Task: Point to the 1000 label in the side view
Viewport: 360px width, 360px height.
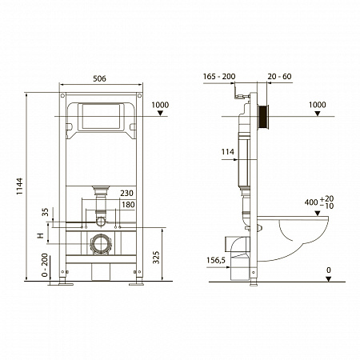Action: click(318, 105)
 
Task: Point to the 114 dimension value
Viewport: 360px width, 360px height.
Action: click(226, 151)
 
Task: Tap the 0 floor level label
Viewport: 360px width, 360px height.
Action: click(328, 270)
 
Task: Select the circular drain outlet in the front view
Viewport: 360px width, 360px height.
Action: click(100, 242)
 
